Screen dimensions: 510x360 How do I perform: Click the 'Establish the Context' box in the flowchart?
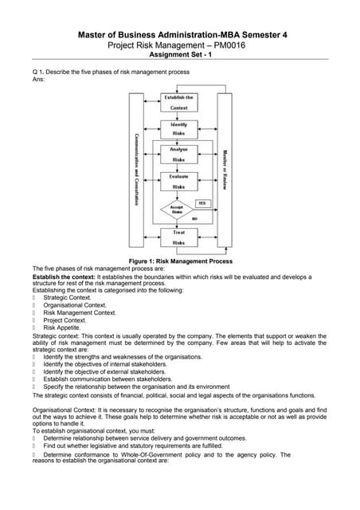coord(179,102)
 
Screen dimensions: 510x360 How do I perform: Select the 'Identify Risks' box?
coord(179,128)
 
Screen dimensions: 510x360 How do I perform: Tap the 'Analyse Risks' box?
coord(179,155)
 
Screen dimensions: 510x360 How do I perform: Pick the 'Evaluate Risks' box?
coord(179,181)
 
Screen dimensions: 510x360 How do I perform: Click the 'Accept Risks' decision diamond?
coord(177,210)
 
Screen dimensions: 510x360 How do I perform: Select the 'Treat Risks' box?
coord(179,237)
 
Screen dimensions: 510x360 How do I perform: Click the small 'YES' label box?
coord(202,203)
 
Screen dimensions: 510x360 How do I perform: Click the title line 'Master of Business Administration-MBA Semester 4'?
coord(179,34)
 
